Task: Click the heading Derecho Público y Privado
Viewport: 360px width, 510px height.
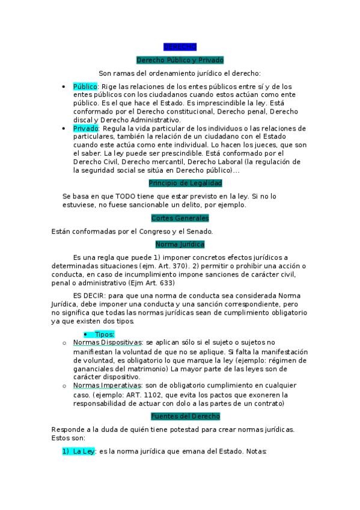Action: coord(180,60)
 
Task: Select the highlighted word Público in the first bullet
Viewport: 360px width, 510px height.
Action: coord(85,87)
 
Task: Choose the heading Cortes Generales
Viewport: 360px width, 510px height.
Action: coord(180,218)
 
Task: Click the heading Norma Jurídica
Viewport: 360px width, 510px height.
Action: coord(180,244)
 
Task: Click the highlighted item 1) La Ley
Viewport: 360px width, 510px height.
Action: coord(79,452)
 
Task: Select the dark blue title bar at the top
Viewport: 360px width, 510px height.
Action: coord(180,47)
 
